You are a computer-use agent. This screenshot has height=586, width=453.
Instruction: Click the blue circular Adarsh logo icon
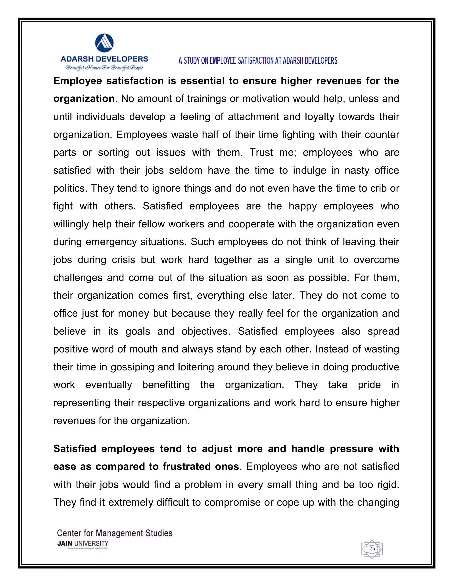(x=104, y=43)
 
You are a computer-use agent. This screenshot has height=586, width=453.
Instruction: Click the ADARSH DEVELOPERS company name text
(x=104, y=59)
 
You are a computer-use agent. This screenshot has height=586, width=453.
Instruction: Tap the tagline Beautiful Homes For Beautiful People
(x=104, y=68)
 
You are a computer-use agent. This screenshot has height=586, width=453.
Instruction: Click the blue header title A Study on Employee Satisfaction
(x=258, y=61)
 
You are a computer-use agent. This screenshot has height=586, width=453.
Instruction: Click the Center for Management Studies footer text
(x=115, y=533)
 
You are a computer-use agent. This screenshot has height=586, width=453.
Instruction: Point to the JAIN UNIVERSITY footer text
(x=83, y=543)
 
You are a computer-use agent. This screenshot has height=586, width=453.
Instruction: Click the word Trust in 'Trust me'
(x=261, y=152)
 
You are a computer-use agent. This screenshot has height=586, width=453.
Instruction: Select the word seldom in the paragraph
(x=185, y=170)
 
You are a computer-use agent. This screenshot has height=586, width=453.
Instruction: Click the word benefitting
(x=166, y=385)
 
